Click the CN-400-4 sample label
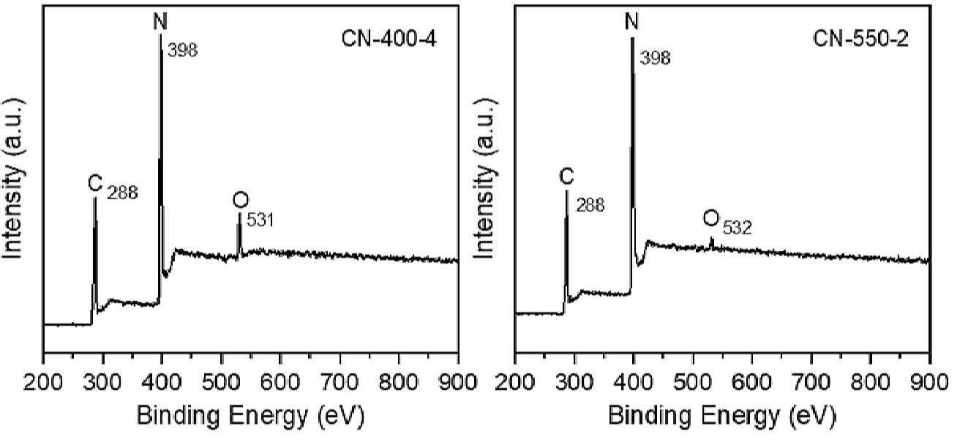coord(389,40)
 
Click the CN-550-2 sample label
coord(860,40)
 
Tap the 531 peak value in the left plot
coord(260,220)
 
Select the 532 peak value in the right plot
coord(737,228)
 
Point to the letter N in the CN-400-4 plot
coord(160,20)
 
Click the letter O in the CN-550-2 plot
coord(711,217)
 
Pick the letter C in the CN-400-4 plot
coord(95,183)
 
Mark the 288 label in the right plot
coord(590,205)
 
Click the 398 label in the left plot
coord(183,51)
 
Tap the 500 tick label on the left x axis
coord(222,382)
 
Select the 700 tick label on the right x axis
coord(811,382)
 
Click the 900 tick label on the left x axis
coord(457,382)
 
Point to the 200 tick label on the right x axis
coord(515,382)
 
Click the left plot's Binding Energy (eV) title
coord(250,415)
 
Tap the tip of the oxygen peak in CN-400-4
coord(239,214)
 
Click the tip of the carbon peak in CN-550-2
coord(566,190)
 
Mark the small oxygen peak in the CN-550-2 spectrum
coord(712,243)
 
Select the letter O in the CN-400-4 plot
coord(241,200)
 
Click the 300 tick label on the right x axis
coord(574,382)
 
